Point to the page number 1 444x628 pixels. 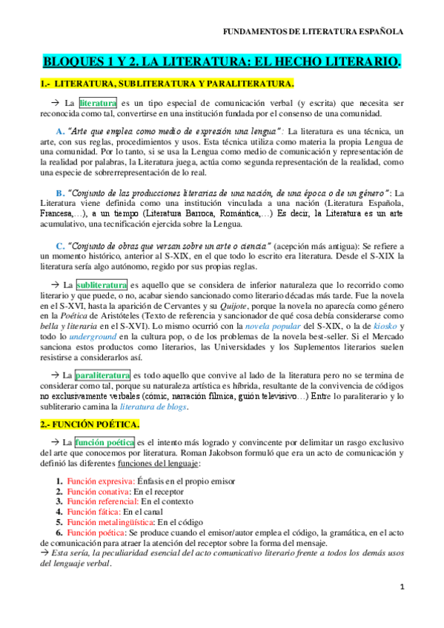tap(401, 607)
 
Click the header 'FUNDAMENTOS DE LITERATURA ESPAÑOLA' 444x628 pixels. tap(314, 32)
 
